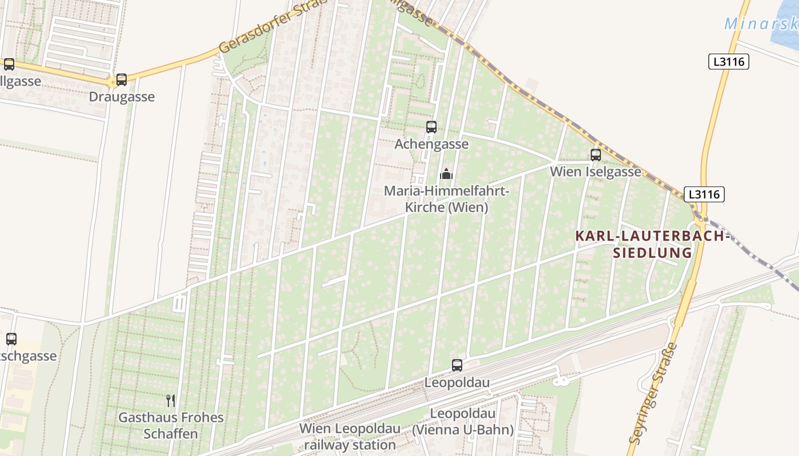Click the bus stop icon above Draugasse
click(122, 80)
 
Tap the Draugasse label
click(122, 96)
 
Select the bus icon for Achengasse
click(431, 127)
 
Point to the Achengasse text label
click(431, 144)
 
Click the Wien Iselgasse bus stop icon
click(596, 154)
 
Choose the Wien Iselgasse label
click(595, 172)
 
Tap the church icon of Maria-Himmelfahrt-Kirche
click(446, 174)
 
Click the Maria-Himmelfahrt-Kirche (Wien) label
click(446, 199)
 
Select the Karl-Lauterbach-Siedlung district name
click(652, 244)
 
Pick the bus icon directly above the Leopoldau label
click(457, 365)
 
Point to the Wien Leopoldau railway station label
click(350, 436)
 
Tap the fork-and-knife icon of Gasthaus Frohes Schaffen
click(171, 400)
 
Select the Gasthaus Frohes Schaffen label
click(171, 425)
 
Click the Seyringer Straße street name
click(652, 393)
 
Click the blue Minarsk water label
click(761, 24)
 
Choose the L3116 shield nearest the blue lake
click(728, 62)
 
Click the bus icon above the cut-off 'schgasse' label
click(11, 339)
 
